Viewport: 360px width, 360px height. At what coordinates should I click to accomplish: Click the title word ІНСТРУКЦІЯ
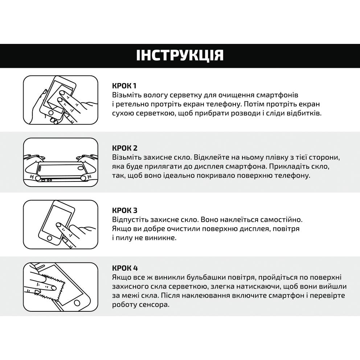tap(180, 55)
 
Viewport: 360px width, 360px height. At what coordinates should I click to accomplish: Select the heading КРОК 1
tap(124, 86)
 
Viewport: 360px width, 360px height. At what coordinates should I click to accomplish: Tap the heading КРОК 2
tap(124, 148)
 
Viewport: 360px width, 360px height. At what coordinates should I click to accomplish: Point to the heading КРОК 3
tap(124, 210)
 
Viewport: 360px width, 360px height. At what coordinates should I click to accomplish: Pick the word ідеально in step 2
tap(184, 176)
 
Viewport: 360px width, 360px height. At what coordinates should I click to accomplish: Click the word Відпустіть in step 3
tap(130, 220)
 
